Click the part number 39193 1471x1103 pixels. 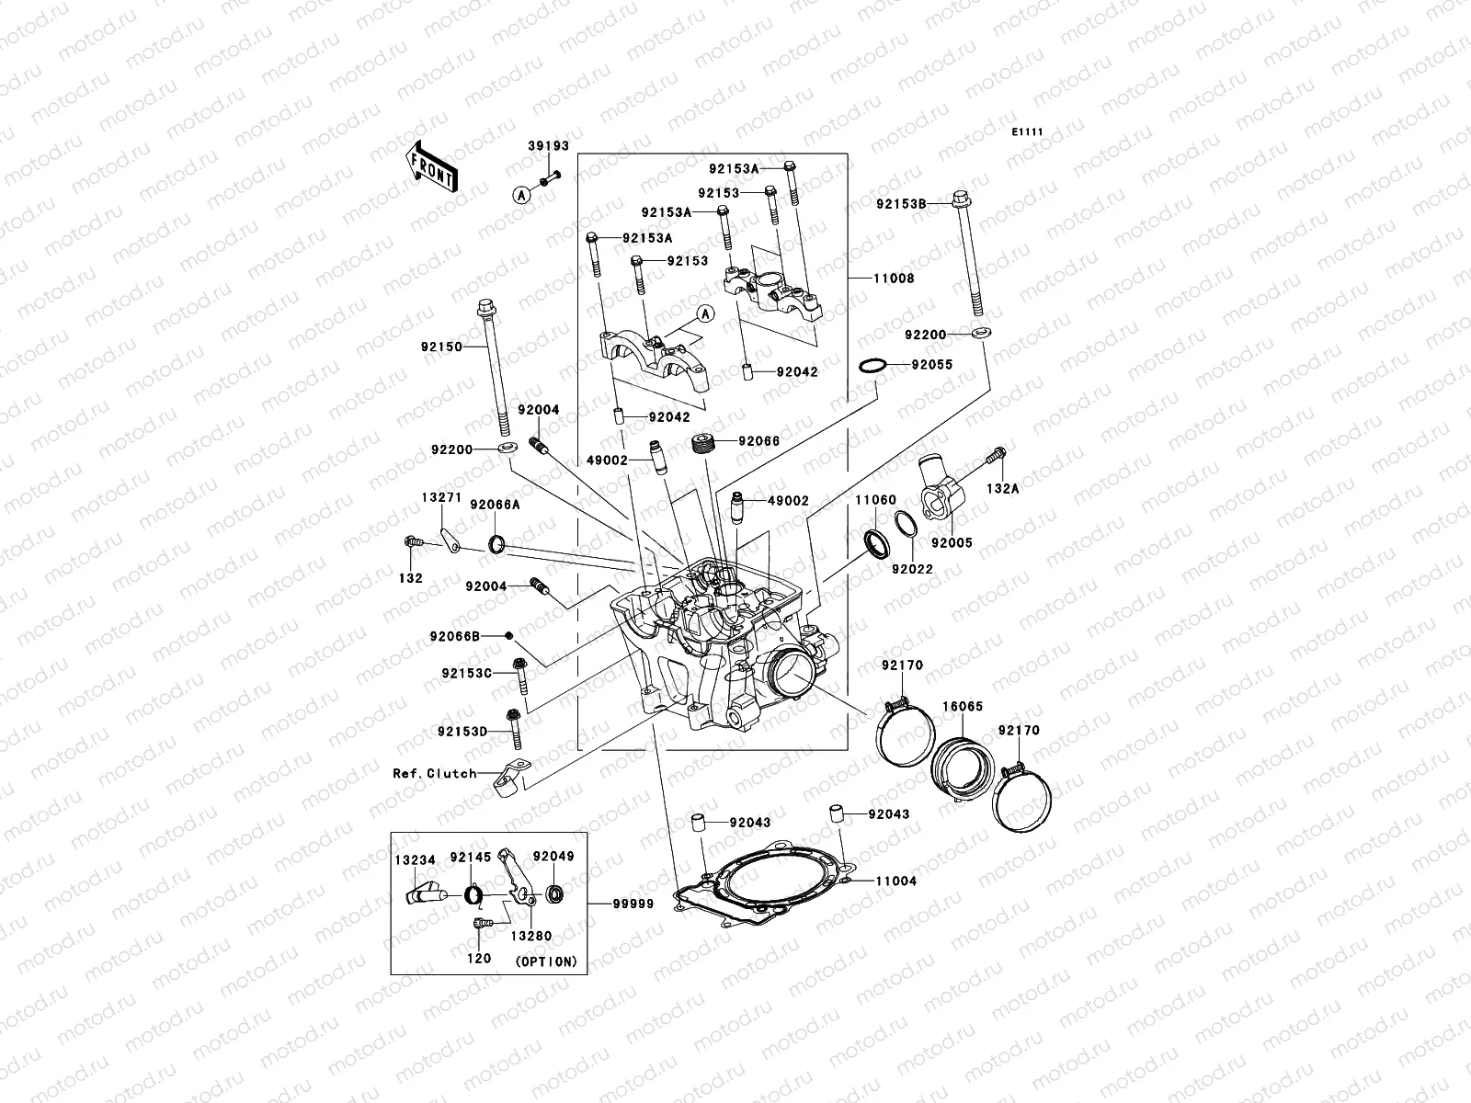point(548,146)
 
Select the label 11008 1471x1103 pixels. point(894,278)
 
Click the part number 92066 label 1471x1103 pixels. point(759,441)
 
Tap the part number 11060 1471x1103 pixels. point(875,500)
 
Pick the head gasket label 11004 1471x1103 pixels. point(895,881)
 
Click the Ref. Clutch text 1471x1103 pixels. point(435,773)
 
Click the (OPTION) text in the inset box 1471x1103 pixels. point(546,961)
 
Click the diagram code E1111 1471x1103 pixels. point(1027,132)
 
